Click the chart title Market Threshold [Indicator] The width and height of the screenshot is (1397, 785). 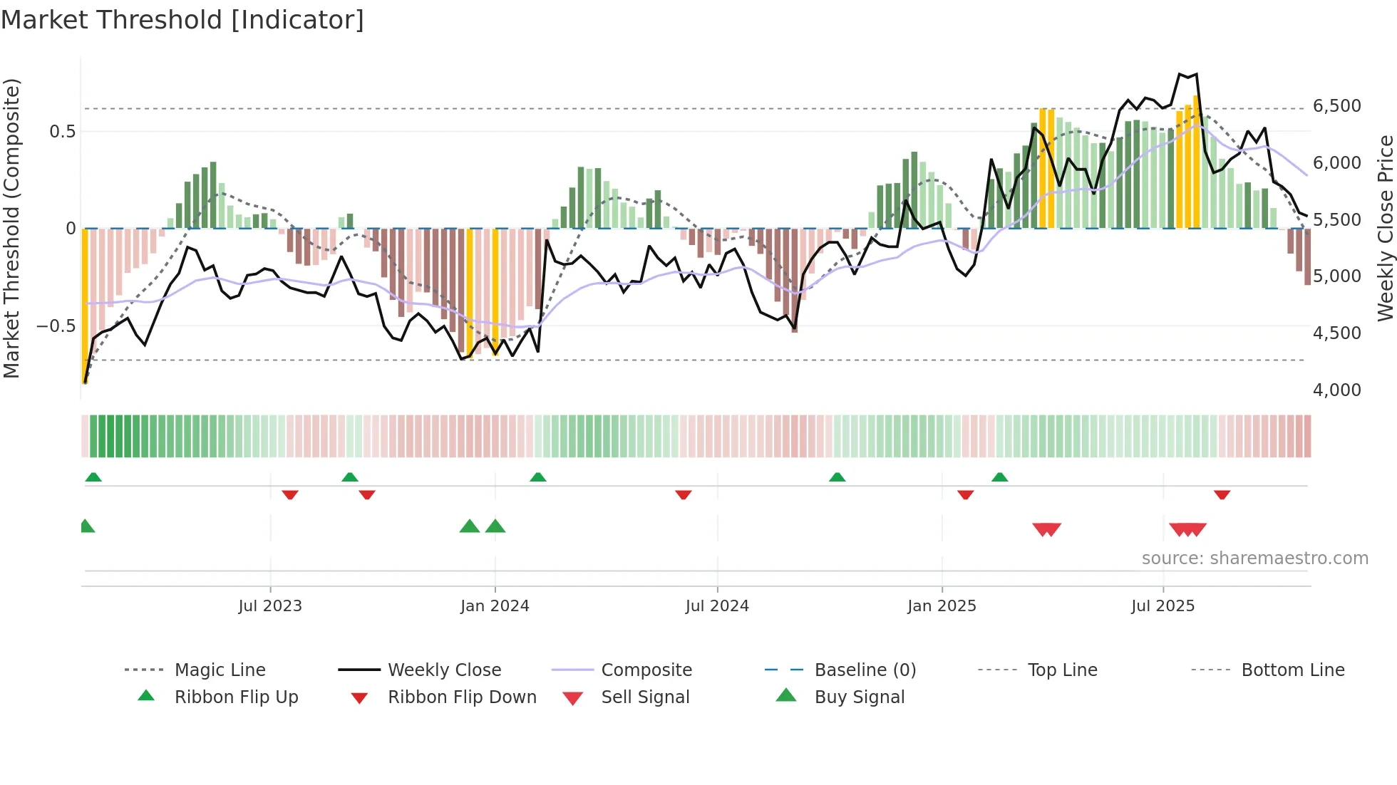pyautogui.click(x=182, y=20)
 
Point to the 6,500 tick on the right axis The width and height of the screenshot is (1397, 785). pyautogui.click(x=1336, y=106)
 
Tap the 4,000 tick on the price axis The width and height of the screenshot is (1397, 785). pyautogui.click(x=1336, y=390)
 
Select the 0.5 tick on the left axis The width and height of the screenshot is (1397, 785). pyautogui.click(x=63, y=132)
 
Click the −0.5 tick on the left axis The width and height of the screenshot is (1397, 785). pyautogui.click(x=56, y=326)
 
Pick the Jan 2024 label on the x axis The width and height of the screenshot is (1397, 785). pyautogui.click(x=495, y=606)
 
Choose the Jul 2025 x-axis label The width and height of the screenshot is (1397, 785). pyautogui.click(x=1163, y=606)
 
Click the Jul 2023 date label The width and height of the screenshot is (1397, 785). pyautogui.click(x=270, y=606)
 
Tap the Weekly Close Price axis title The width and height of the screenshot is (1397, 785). pyautogui.click(x=1385, y=228)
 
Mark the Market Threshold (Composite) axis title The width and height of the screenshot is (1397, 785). pyautogui.click(x=11, y=228)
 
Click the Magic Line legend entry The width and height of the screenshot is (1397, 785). pyautogui.click(x=220, y=670)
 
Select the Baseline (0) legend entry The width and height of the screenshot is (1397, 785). pyautogui.click(x=865, y=670)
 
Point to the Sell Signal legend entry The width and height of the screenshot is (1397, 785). pyautogui.click(x=645, y=697)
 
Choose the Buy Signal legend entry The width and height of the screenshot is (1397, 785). pyautogui.click(x=859, y=697)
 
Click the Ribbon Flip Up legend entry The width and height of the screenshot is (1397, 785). pyautogui.click(x=236, y=697)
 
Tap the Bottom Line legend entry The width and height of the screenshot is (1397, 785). pyautogui.click(x=1292, y=670)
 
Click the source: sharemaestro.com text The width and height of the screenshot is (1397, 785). pyautogui.click(x=1254, y=558)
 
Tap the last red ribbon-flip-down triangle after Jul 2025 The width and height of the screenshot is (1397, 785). pyautogui.click(x=1222, y=494)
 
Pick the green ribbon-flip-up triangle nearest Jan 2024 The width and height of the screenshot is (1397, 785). pyautogui.click(x=538, y=477)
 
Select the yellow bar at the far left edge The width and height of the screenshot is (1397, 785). pyautogui.click(x=85, y=306)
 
